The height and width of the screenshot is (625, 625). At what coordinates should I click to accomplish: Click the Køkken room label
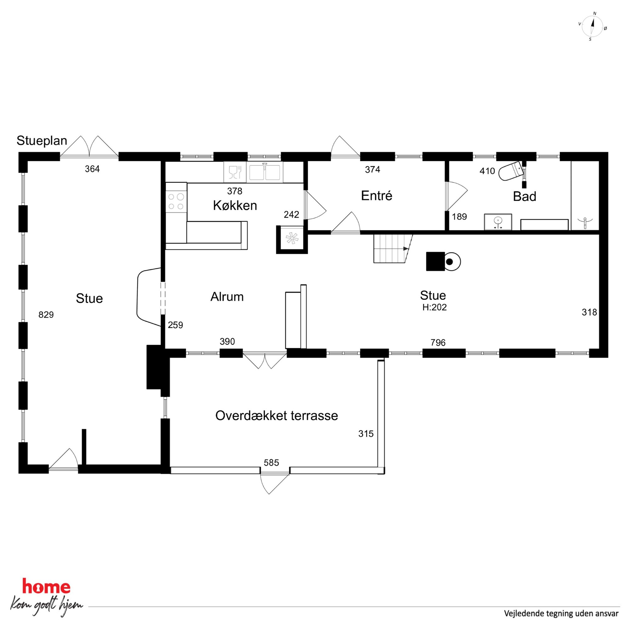tap(235, 206)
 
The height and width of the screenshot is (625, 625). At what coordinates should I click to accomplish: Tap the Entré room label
tap(376, 196)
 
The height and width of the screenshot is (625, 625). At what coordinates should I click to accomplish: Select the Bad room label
tap(525, 196)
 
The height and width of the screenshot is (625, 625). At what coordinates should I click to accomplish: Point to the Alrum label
tap(227, 297)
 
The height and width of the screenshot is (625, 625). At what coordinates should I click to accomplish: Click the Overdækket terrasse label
tap(277, 416)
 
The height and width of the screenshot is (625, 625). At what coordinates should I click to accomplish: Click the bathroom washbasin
tap(498, 222)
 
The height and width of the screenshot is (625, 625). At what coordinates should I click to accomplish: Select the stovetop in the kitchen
tap(176, 201)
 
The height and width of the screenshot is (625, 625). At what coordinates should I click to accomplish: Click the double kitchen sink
tap(265, 172)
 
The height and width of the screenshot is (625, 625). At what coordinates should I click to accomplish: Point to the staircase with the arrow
tap(393, 249)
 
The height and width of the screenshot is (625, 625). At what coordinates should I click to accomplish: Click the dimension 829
tap(46, 315)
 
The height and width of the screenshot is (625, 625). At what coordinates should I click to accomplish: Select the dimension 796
tap(438, 343)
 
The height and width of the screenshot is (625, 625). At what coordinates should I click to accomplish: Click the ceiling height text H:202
tap(434, 307)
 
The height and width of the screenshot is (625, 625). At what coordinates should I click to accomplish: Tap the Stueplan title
tap(42, 141)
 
